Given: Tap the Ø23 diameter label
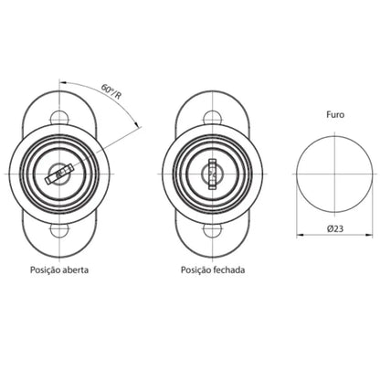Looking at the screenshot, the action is [335, 228].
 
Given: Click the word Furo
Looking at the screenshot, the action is [335, 115].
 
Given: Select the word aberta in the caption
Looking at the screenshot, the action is [76, 269].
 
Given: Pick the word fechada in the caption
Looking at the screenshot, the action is [229, 269].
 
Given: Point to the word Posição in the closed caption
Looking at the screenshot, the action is [196, 270].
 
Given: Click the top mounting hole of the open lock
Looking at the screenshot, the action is [59, 117].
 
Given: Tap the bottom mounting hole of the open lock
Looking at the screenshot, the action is [59, 231].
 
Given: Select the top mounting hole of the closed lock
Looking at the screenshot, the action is [212, 117].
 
